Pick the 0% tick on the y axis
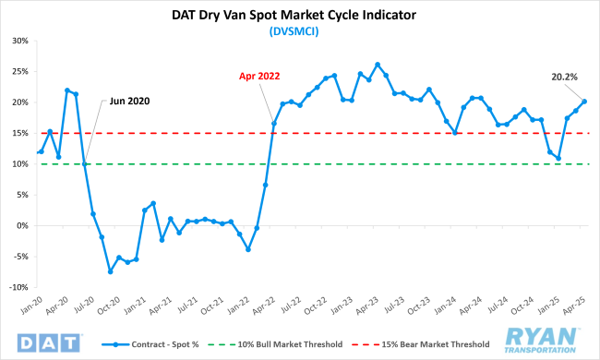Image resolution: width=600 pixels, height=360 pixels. click(x=23, y=225)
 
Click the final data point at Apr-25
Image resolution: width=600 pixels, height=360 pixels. click(x=585, y=102)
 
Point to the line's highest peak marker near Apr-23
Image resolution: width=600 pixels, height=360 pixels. click(x=378, y=65)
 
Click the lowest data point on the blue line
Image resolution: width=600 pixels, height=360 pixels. click(x=110, y=271)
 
